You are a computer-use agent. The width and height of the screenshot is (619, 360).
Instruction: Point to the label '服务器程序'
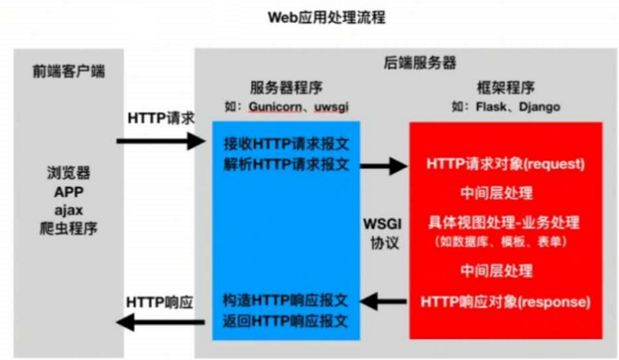[286, 89]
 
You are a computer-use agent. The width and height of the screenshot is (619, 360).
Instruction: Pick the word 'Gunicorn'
[280, 107]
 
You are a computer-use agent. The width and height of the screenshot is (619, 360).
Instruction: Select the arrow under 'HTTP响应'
[161, 321]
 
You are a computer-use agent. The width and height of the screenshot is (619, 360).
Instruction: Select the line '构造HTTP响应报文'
[286, 300]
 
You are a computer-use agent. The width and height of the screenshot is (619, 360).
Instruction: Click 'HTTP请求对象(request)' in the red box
[506, 161]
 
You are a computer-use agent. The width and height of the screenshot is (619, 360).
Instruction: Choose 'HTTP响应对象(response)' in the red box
[505, 301]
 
